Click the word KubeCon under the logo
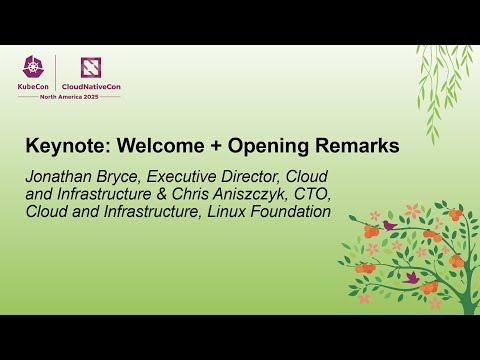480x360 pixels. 35,87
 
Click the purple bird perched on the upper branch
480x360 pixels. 389,226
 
